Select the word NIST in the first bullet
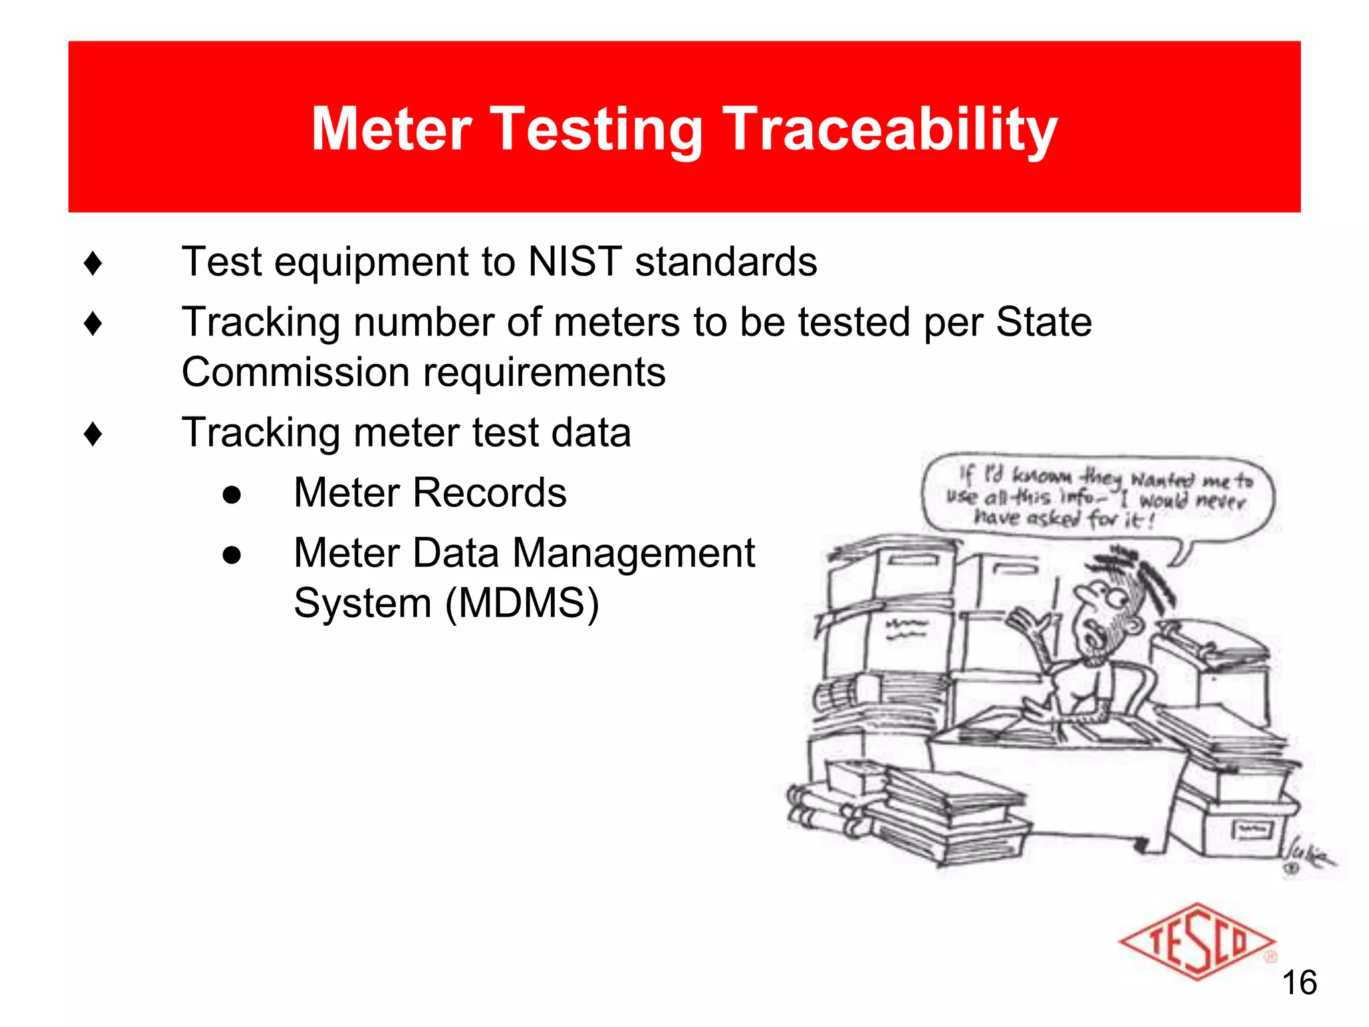(x=575, y=261)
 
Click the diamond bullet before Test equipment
(x=93, y=263)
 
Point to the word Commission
(x=295, y=372)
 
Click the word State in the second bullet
(x=1043, y=322)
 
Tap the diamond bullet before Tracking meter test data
(x=93, y=434)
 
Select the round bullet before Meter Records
(x=231, y=495)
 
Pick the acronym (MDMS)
(x=521, y=603)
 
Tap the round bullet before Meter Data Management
(x=231, y=555)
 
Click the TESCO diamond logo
(x=1197, y=941)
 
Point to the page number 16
(x=1299, y=983)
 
